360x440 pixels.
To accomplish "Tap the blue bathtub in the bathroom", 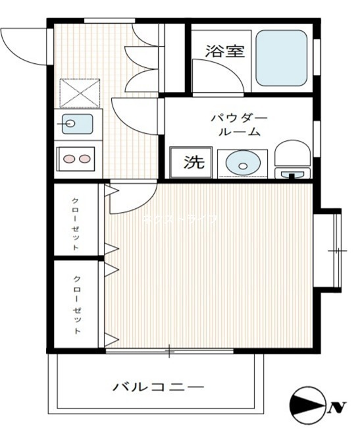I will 281,59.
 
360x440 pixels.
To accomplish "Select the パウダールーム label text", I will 238,124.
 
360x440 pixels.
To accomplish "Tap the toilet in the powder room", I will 292,161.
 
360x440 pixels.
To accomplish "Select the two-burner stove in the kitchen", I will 77,159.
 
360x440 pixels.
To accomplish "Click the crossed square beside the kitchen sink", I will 80,92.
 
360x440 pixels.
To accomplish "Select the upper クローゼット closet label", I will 76,223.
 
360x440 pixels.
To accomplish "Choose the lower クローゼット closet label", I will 77,304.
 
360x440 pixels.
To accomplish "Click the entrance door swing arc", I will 23,46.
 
